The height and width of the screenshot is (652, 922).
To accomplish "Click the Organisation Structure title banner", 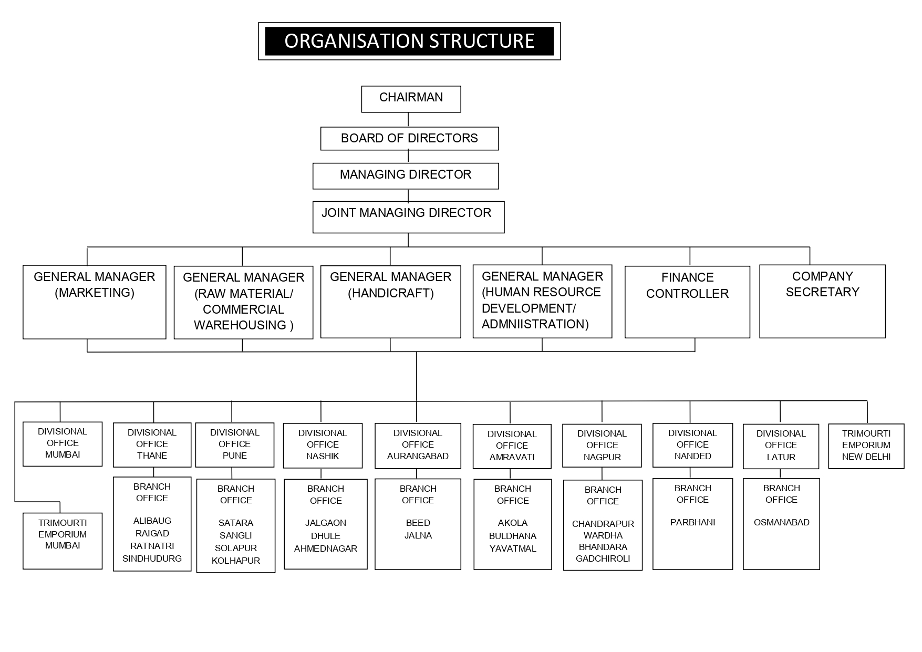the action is [409, 41].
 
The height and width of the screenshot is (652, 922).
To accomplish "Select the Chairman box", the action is [411, 99].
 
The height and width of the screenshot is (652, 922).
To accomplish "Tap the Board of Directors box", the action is [410, 139].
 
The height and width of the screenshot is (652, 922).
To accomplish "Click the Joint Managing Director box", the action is [408, 217].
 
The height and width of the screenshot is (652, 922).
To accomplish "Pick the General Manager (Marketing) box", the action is [95, 302].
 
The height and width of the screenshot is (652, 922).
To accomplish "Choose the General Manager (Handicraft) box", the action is [391, 302].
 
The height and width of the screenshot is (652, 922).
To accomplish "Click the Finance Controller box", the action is [687, 302].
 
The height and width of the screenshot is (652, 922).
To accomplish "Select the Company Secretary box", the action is [823, 302].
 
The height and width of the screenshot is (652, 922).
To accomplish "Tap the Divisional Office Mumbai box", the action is [63, 444].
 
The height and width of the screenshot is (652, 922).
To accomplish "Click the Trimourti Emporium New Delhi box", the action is [866, 446].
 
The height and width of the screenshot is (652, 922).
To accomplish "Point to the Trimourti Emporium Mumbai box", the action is [63, 541].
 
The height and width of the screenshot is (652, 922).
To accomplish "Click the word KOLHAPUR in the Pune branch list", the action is [236, 561].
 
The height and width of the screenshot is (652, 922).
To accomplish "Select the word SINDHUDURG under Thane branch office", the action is [152, 558].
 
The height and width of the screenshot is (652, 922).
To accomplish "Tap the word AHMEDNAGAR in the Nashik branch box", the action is [326, 548].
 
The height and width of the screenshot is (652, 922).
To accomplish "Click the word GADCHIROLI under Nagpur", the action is [603, 558].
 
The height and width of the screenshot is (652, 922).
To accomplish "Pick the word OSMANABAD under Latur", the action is [782, 522].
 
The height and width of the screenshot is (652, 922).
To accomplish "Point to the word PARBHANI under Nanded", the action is [693, 522].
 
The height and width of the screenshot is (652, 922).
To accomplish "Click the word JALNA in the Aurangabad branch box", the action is [418, 535].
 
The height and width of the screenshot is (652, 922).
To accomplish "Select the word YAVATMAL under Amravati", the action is [513, 548].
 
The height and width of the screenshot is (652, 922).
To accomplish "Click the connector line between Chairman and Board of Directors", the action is [408, 120].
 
